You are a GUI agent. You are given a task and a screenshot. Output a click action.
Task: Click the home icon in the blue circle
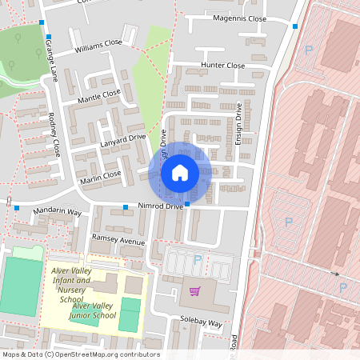180,172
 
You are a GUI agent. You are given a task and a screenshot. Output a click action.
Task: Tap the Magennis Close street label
239,18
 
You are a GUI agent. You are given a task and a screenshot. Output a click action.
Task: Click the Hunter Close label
223,66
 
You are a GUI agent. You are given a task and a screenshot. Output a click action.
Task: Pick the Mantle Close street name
100,97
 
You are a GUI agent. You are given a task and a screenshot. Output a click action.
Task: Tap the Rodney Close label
54,138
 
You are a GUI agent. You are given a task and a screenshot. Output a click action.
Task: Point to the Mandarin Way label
58,212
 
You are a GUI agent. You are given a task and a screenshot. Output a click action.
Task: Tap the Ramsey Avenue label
118,241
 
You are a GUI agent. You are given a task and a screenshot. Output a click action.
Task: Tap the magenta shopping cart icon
194,290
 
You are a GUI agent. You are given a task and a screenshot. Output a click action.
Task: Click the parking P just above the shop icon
197,260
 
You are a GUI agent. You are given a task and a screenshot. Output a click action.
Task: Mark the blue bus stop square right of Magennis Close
295,26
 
